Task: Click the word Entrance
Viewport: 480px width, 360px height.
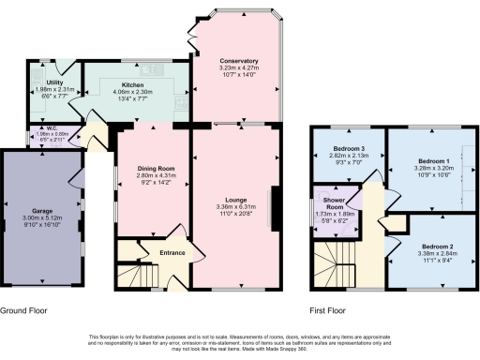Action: coord(172,253)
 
